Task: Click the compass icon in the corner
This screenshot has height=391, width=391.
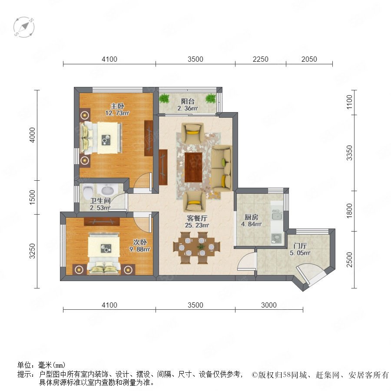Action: tap(24, 27)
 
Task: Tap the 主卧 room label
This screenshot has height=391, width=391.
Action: tap(117, 106)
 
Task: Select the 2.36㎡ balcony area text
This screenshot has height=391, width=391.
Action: tap(188, 109)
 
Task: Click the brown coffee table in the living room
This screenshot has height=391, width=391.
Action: tap(193, 168)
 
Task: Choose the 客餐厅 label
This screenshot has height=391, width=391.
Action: tap(197, 218)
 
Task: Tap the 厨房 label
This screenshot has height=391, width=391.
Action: tap(251, 217)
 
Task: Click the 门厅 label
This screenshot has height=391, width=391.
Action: tap(300, 246)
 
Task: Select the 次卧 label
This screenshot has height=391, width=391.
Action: tap(140, 242)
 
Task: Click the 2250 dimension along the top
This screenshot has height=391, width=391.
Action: tap(260, 60)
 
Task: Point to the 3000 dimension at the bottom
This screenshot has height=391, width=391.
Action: tap(268, 305)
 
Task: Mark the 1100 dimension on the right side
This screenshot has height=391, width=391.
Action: tap(349, 102)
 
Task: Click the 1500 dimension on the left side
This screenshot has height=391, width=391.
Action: tap(33, 197)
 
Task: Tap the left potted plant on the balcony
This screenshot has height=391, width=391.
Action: tap(164, 98)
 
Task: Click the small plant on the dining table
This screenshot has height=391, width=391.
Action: tap(200, 247)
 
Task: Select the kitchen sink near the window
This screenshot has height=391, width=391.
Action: tap(276, 215)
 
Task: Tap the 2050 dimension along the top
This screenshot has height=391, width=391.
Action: tap(309, 60)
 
